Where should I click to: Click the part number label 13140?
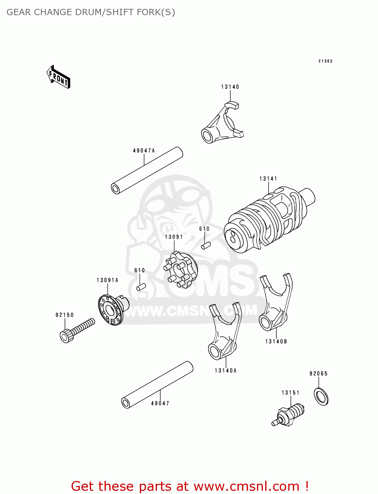(230, 87)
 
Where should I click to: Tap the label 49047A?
(144, 151)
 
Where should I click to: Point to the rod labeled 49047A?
(147, 171)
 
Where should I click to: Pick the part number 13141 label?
(268, 179)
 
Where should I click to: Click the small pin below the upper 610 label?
(206, 246)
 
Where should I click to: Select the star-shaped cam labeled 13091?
(181, 270)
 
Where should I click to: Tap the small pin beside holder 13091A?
(141, 287)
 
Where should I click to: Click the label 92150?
(65, 315)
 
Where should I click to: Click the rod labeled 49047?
(157, 385)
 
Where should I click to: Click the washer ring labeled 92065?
(321, 397)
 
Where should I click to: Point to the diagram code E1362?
(325, 61)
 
